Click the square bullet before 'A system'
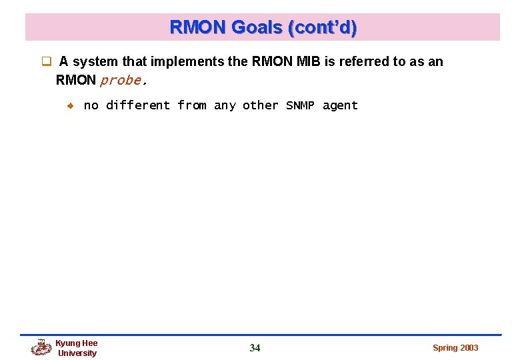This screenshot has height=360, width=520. click(47, 62)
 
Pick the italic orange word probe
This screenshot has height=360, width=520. click(121, 81)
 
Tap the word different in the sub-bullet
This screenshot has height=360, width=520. click(138, 105)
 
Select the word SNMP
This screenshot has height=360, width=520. click(300, 105)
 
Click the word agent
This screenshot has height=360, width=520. click(340, 105)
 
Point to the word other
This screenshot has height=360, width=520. click(261, 105)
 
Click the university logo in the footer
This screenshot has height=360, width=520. click(41, 347)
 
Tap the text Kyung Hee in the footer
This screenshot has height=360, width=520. click(76, 343)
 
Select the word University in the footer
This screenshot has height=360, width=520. click(77, 353)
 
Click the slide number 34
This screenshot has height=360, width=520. click(255, 348)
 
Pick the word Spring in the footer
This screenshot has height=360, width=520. click(445, 348)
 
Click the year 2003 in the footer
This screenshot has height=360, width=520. click(469, 348)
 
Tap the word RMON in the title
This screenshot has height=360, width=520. click(199, 27)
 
